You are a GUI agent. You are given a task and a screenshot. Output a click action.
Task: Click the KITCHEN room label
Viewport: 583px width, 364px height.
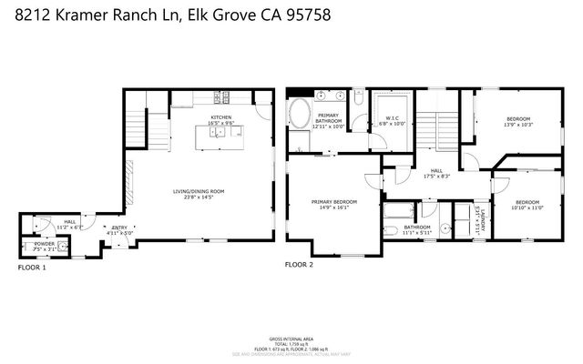(x=220, y=117)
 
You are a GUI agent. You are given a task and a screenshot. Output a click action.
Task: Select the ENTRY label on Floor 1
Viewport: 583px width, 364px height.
(x=120, y=227)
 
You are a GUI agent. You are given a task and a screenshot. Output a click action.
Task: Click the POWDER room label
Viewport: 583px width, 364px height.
(x=45, y=245)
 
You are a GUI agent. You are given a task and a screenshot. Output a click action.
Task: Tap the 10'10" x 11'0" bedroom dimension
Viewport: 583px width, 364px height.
(x=527, y=207)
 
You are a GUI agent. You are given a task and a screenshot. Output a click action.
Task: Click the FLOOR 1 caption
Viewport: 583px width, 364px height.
(x=32, y=268)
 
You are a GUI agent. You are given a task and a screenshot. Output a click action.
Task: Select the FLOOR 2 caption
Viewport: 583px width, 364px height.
(x=298, y=265)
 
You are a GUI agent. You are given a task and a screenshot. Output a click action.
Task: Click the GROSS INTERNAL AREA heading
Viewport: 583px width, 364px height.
(x=291, y=337)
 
